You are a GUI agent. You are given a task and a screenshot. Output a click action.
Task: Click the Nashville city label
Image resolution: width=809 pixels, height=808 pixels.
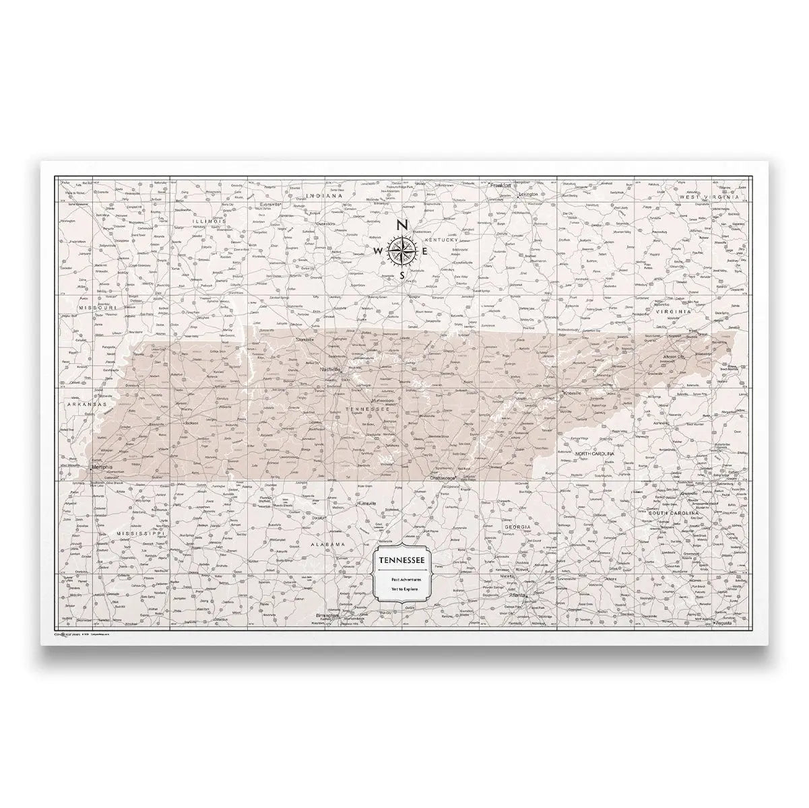pos(330,370)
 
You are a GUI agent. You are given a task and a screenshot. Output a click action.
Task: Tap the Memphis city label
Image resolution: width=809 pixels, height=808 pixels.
pos(102,467)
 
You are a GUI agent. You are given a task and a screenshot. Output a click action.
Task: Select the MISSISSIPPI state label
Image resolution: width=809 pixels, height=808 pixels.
pos(137,533)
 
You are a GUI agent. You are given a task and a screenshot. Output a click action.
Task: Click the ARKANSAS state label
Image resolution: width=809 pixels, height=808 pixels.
pos(87,404)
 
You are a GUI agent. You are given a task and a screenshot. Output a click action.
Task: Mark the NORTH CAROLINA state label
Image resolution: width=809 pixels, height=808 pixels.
pos(595,454)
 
